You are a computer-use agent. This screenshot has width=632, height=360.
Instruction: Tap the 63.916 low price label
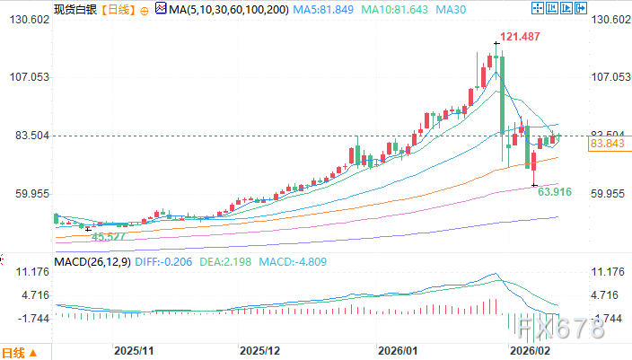pos(555,191)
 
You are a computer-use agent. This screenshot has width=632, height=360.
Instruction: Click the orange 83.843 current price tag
pos(608,144)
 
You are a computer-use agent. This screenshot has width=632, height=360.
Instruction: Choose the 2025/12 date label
pos(261,351)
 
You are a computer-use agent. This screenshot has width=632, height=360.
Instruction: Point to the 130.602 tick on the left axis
pos(26,20)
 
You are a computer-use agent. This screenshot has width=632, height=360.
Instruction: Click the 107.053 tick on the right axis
pos(609,77)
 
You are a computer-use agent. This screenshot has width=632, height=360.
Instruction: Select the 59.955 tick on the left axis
pos(26,194)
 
